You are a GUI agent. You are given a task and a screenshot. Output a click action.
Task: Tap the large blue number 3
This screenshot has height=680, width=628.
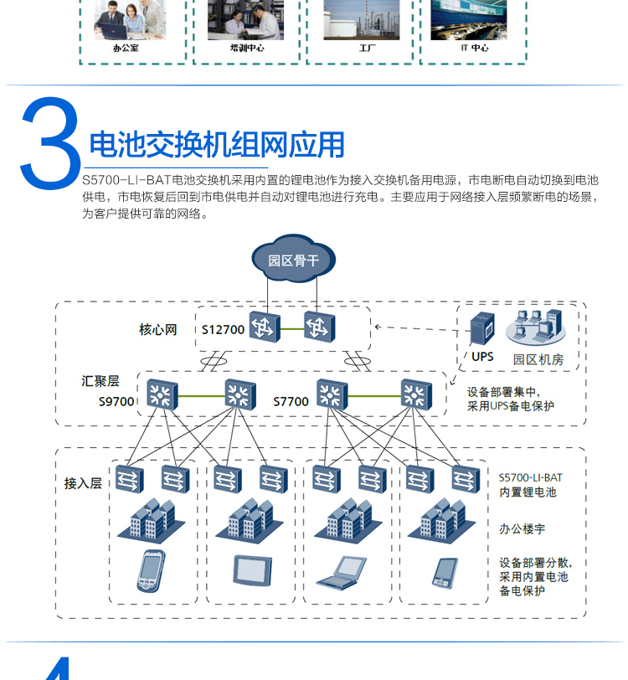click(50, 145)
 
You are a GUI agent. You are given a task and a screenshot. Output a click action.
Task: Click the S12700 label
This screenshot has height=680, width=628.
click(223, 329)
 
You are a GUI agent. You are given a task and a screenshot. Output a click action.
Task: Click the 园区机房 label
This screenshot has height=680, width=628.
click(538, 359)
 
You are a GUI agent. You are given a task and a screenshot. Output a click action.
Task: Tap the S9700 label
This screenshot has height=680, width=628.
click(116, 401)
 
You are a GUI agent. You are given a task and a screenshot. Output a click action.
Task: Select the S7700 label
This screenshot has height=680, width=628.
click(291, 401)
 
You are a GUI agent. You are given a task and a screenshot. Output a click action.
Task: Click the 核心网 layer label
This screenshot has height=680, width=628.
click(158, 329)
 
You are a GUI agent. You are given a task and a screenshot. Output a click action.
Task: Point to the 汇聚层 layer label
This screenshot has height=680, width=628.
click(100, 381)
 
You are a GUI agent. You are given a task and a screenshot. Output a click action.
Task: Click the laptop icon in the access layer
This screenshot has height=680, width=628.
click(339, 572)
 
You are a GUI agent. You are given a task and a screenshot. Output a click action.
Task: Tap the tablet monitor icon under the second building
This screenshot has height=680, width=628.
click(251, 569)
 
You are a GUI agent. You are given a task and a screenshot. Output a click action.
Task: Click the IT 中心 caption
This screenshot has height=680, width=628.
click(474, 48)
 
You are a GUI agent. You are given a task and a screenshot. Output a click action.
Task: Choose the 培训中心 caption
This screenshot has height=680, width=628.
click(247, 48)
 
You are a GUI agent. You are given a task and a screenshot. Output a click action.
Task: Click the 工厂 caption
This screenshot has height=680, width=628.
click(367, 48)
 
